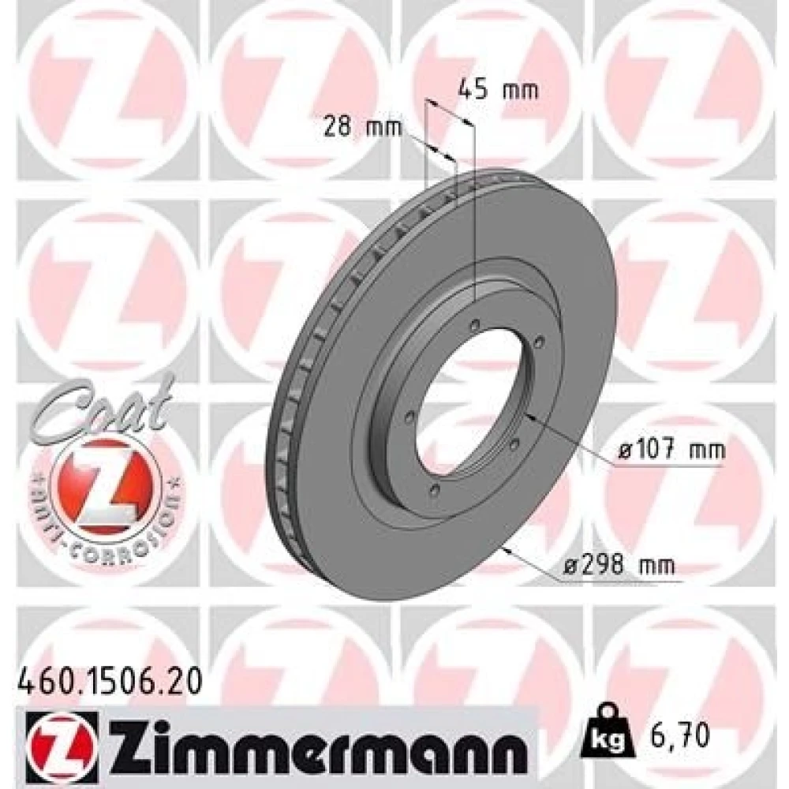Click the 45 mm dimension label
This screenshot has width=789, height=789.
click(498, 90)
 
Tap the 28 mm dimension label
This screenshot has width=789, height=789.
click(362, 126)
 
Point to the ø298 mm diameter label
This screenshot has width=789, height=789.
click(619, 566)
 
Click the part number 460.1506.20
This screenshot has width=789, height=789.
click(110, 683)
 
